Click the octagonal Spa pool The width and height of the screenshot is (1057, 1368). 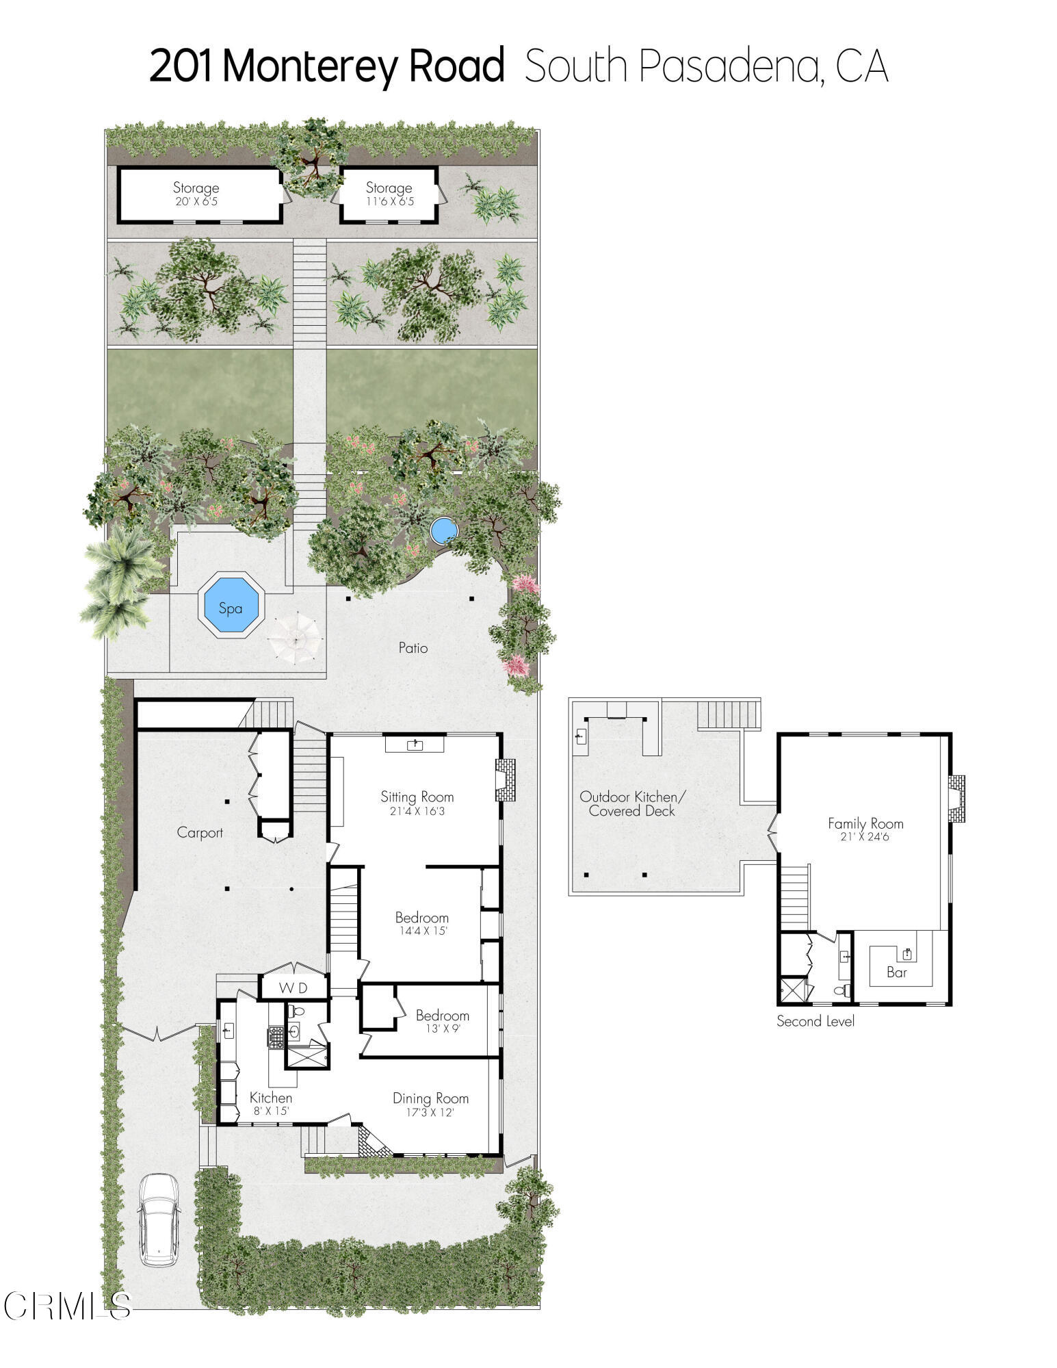click(231, 606)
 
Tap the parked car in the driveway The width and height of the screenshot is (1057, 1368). click(159, 1219)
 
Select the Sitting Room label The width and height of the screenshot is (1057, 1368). click(417, 797)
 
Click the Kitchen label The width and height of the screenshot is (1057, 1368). click(270, 1098)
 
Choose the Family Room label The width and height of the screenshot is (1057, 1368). click(865, 823)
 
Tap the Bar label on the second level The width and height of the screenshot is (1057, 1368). click(896, 972)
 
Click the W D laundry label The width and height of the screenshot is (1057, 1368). click(293, 988)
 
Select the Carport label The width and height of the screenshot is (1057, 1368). click(200, 832)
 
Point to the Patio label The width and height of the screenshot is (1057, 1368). click(413, 647)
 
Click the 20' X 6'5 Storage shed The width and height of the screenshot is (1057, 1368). click(198, 194)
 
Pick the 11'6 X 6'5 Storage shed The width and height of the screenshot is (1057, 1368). click(389, 194)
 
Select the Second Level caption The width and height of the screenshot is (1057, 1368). click(815, 1021)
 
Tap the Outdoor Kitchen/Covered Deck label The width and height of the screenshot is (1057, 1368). click(631, 803)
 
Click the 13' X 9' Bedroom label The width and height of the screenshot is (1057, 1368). click(442, 1016)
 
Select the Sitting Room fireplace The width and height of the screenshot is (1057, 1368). click(505, 779)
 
